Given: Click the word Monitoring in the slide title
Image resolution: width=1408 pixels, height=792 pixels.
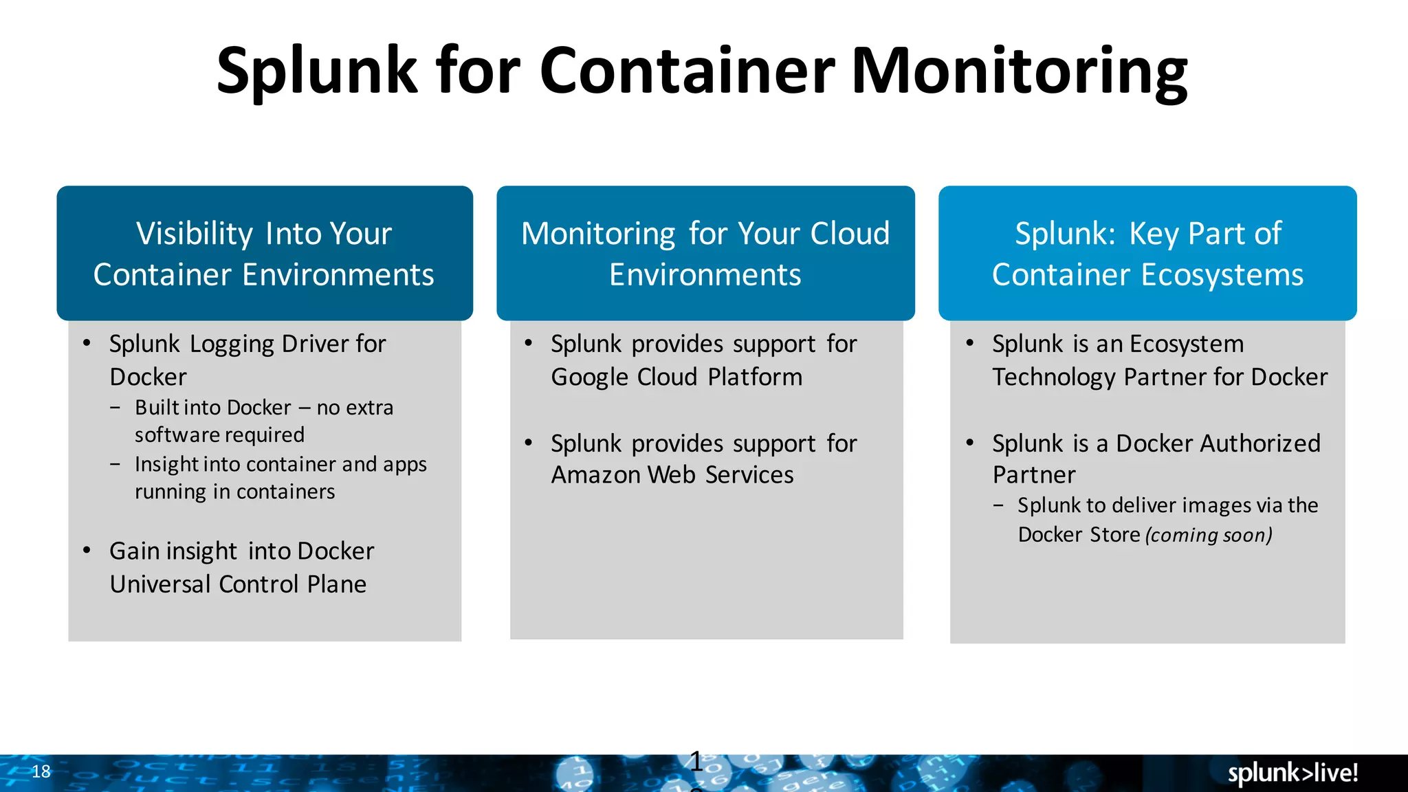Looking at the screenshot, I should (1020, 71).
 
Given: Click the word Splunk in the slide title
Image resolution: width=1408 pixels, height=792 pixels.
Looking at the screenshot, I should (317, 71).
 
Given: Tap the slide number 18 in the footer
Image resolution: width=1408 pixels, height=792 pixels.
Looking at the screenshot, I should (41, 771).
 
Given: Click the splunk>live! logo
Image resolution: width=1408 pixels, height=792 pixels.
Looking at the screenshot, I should (1292, 773).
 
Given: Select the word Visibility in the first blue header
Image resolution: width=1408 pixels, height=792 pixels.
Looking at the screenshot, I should (195, 234).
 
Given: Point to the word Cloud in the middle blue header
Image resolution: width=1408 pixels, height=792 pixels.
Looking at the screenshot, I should (850, 234).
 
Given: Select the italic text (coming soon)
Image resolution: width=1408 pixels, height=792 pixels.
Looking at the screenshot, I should (1209, 535).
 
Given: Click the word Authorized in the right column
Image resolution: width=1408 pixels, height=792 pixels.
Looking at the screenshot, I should (1218, 443).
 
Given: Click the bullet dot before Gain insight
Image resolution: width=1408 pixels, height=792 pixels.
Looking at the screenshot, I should (87, 550).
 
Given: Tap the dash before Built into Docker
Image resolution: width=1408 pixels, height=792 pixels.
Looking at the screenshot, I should (115, 408).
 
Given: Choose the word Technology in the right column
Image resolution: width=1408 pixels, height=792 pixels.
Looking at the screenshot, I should (1054, 377).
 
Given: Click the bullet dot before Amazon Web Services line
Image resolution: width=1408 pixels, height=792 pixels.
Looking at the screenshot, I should (528, 443).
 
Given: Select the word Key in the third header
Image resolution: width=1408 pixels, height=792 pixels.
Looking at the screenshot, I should (1154, 234).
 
